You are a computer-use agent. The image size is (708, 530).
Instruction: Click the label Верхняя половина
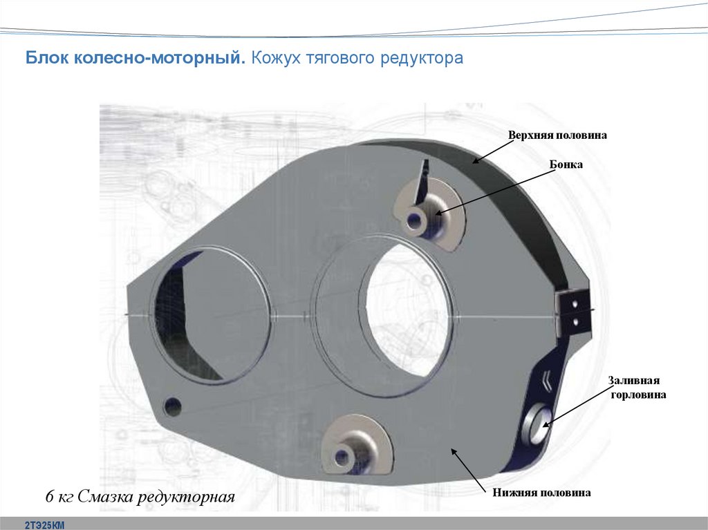click(557, 135)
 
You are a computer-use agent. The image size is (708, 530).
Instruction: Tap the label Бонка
click(566, 164)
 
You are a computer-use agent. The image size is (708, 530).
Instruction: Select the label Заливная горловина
click(637, 388)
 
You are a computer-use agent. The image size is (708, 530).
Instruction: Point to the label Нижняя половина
click(541, 492)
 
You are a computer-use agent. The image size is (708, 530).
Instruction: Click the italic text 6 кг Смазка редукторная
click(140, 497)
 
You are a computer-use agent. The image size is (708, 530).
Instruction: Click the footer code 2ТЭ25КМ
click(45, 525)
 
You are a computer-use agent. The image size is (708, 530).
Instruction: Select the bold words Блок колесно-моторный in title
click(136, 58)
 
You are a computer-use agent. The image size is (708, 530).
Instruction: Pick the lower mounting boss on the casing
click(357, 446)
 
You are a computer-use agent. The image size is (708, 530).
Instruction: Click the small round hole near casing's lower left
click(172, 407)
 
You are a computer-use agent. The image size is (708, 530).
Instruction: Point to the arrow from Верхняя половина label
click(494, 151)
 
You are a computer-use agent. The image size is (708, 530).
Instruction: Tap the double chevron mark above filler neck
click(546, 379)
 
